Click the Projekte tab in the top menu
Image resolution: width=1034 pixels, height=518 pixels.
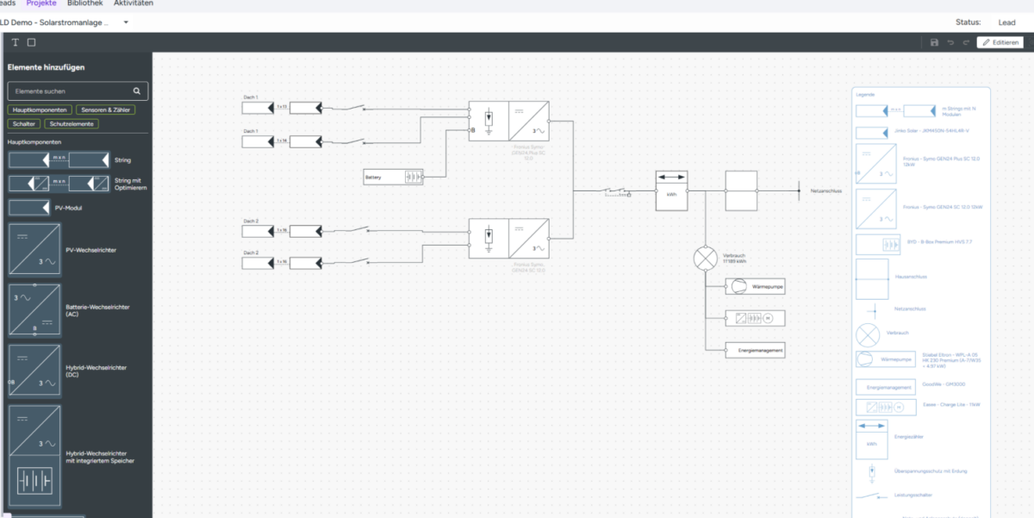(x=41, y=3)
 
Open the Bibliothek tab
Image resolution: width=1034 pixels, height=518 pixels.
(x=85, y=3)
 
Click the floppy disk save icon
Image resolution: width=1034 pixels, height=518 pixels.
(x=934, y=42)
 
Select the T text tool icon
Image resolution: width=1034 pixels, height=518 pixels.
(x=15, y=42)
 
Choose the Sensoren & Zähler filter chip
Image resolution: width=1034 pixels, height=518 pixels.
(x=104, y=110)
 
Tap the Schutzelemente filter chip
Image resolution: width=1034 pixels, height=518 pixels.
(x=72, y=124)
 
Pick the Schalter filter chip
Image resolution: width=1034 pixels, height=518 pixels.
(x=24, y=124)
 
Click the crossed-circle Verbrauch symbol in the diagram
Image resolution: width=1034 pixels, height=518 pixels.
(x=706, y=258)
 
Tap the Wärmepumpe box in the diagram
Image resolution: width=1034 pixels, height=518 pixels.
(x=755, y=286)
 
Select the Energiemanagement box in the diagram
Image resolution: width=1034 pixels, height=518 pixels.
(x=755, y=350)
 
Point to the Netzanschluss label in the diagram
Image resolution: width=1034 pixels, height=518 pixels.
(x=825, y=190)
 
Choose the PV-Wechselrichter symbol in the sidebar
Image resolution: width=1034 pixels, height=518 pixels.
(x=34, y=250)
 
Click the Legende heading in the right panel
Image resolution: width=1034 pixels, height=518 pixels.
(x=865, y=93)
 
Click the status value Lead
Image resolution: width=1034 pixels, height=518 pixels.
(x=1006, y=22)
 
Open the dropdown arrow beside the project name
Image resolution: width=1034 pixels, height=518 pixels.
(x=126, y=22)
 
